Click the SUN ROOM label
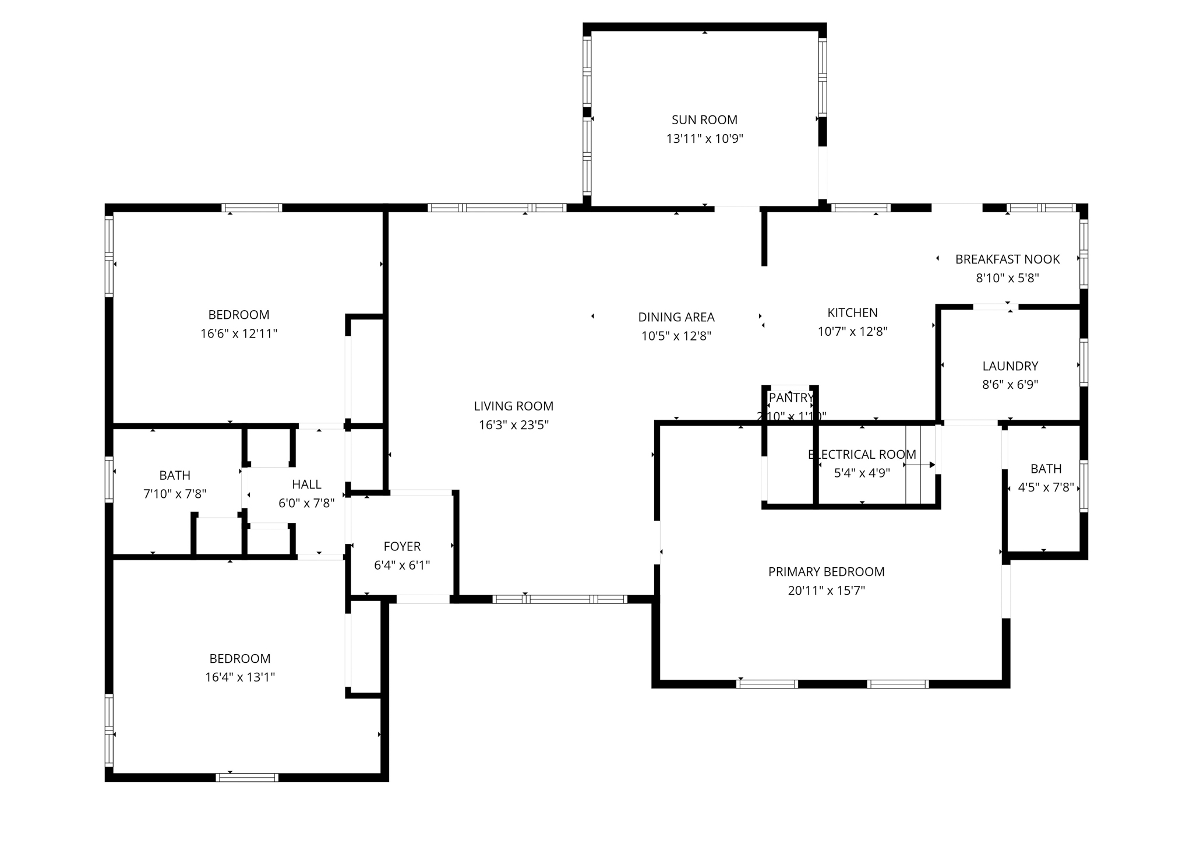704,120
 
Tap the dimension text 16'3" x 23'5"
514,425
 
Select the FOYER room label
402,546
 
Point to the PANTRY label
790,398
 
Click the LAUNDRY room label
1010,366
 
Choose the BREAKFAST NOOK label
1007,259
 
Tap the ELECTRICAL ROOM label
862,454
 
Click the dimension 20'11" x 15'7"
826,591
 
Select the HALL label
306,484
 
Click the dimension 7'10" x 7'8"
175,494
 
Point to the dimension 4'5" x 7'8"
1046,487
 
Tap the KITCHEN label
852,312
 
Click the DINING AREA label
676,317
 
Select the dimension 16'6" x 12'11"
239,333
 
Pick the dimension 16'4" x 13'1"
239,677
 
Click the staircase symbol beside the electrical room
920,465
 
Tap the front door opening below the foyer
423,599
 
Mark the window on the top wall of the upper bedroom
252,208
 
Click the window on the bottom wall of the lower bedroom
247,777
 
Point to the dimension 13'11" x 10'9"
704,139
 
